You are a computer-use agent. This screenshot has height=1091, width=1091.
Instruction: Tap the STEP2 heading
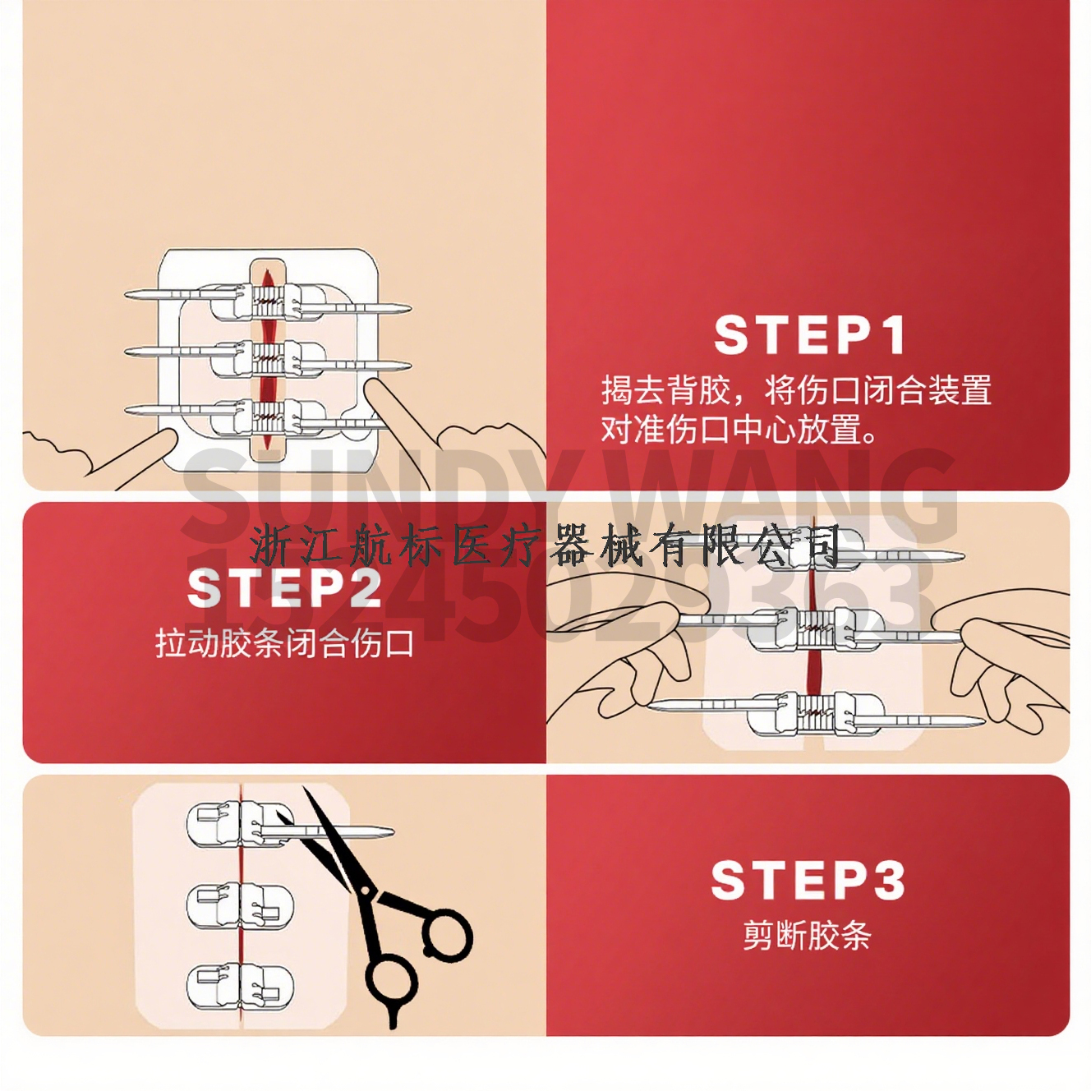point(284,589)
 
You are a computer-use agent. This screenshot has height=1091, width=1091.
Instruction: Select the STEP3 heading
point(808,881)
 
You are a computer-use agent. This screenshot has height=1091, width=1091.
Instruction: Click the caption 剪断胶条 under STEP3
point(807,936)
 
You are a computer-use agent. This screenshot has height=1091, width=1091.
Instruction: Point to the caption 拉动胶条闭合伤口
point(284,644)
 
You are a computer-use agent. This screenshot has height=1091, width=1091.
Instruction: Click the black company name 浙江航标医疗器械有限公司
point(545,545)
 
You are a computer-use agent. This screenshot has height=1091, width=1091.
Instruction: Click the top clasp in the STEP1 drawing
point(268,301)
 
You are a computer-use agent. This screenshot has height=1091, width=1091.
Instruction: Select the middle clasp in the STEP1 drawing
point(268,359)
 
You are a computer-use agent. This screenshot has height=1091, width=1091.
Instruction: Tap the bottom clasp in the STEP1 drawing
point(268,418)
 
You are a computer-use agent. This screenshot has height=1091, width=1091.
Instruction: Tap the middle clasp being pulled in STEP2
point(815,628)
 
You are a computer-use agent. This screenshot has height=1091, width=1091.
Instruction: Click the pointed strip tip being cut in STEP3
point(392,831)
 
